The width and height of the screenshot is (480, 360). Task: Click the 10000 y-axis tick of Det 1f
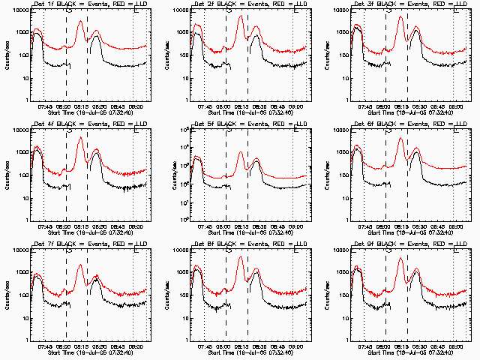pos(16,10)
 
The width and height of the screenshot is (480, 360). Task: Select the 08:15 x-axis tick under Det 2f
pos(241,106)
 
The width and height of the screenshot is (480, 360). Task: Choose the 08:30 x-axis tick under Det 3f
pos(419,106)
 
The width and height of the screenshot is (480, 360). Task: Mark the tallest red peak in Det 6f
pos(400,138)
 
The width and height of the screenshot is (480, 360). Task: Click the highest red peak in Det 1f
pos(80,21)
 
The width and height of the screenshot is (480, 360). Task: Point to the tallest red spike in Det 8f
pos(241,256)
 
